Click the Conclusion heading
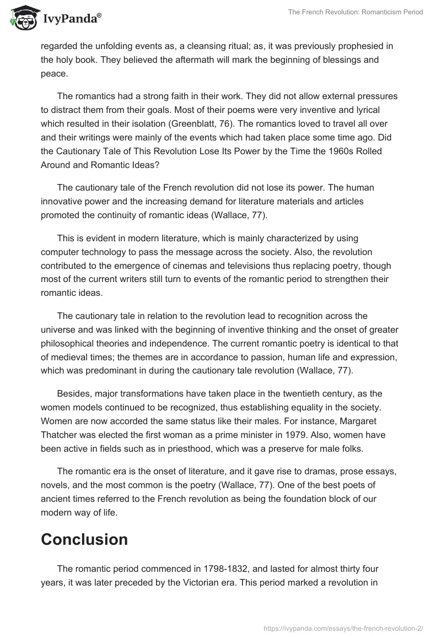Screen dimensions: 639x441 84,539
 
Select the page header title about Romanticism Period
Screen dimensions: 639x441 356,12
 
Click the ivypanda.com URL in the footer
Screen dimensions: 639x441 345,622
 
